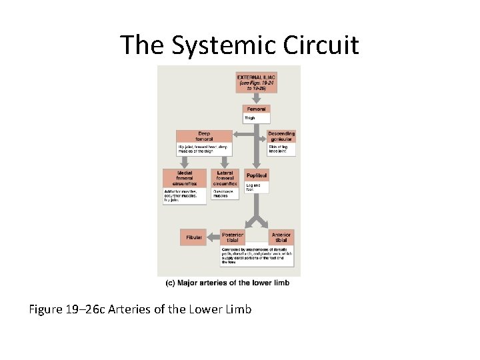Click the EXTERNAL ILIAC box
click(256, 83)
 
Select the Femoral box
click(256, 109)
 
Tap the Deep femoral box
click(204, 136)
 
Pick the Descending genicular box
click(281, 136)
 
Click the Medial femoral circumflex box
click(185, 178)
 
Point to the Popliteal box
click(257, 175)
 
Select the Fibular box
click(193, 237)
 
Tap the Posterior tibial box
click(233, 237)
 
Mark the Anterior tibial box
click(281, 237)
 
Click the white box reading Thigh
click(256, 118)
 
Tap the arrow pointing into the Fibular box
click(213, 237)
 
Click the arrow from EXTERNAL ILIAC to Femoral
click(256, 99)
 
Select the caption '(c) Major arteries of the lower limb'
click(227, 283)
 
